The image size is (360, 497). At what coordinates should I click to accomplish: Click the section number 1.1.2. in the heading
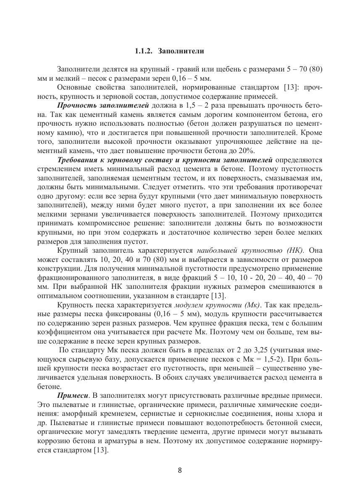pyautogui.click(x=144, y=51)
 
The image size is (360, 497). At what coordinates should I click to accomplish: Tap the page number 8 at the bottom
pyautogui.click(x=180, y=470)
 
